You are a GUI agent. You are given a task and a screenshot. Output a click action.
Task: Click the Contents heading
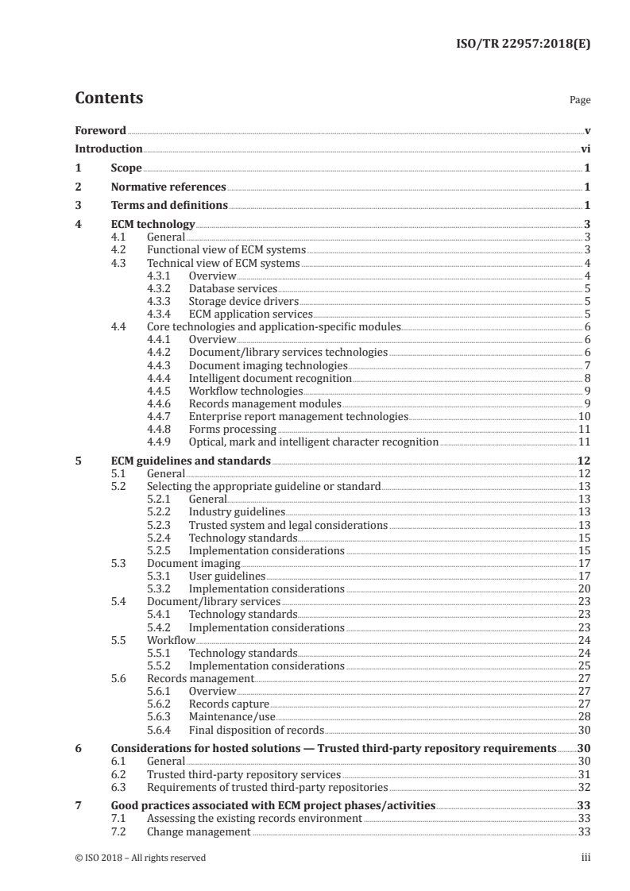109,98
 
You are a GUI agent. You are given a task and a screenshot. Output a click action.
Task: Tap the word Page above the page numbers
580,101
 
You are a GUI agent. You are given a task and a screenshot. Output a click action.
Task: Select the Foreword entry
100,130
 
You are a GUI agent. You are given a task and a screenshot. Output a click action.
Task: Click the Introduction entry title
109,148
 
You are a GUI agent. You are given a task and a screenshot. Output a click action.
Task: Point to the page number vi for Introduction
585,148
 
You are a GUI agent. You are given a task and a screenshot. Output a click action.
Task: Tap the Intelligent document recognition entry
269,378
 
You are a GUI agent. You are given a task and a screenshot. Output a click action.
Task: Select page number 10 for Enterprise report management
583,416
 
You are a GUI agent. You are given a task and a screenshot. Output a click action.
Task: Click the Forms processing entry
233,429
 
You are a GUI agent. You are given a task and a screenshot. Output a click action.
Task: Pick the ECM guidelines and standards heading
191,461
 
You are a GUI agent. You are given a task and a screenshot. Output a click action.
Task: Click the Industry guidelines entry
237,512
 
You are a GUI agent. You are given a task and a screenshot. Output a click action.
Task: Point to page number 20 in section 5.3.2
583,589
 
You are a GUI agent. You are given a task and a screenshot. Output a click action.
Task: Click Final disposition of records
256,730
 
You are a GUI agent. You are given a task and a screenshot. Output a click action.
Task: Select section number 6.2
119,774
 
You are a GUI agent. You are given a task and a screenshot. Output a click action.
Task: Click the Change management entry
199,831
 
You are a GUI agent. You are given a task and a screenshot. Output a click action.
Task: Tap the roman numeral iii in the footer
586,858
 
